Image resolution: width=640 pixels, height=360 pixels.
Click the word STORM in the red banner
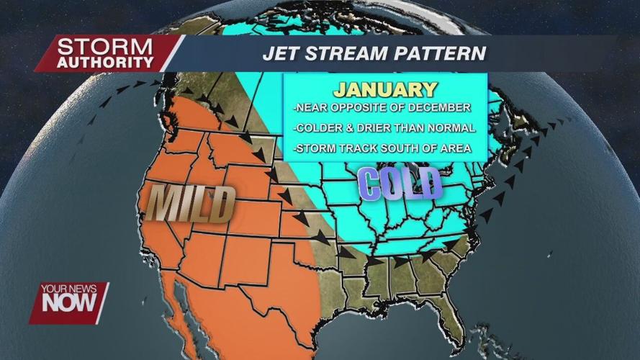click(105, 47)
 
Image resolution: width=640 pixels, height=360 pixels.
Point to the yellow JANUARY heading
click(386, 89)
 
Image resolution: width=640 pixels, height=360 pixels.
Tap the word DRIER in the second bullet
click(384, 128)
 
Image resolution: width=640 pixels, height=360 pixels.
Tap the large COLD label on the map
click(400, 183)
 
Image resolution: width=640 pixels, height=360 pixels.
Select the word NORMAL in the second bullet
click(454, 128)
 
